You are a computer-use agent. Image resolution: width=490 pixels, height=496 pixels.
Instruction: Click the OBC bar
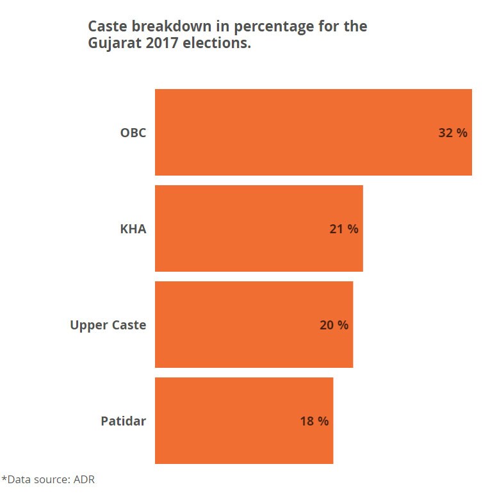[313, 132]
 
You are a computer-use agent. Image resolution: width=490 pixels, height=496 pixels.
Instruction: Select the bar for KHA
[259, 228]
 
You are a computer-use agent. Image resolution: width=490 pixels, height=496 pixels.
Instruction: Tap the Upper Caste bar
[254, 324]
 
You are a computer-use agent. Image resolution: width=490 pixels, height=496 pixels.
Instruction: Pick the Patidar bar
[244, 420]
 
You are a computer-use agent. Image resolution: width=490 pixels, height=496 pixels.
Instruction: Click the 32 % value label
[453, 133]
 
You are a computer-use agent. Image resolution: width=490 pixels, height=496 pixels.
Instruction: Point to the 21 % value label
[344, 229]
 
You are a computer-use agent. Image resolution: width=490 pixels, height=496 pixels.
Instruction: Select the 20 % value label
[334, 325]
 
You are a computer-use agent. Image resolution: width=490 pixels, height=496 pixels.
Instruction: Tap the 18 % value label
[314, 421]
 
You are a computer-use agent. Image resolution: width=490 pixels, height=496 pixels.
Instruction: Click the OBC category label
[133, 133]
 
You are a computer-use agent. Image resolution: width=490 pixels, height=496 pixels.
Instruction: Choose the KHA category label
[133, 229]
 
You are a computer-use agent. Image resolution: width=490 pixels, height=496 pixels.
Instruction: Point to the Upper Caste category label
[108, 325]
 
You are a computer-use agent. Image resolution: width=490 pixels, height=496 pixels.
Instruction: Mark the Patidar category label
[123, 421]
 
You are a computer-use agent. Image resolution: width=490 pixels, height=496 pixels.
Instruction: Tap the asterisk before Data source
[4, 478]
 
